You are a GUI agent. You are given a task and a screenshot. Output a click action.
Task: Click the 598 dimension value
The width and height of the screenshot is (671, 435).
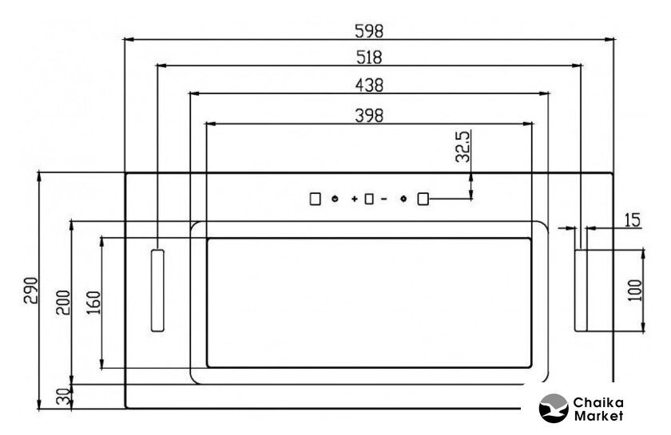[369, 31]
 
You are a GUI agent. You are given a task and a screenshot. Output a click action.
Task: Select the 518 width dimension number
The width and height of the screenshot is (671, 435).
[369, 57]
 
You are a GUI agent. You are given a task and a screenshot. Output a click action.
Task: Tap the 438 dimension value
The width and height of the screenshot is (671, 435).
[369, 85]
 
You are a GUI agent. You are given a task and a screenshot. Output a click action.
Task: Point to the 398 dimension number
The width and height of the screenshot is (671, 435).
[369, 116]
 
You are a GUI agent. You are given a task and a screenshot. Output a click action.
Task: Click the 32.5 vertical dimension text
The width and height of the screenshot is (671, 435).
[463, 146]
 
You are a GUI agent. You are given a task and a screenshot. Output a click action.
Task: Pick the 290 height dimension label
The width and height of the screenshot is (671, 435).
[31, 291]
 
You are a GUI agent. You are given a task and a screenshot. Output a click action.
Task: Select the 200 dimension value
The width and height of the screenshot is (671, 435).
[63, 303]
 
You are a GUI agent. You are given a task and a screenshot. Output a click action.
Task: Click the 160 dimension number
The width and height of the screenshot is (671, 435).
[93, 303]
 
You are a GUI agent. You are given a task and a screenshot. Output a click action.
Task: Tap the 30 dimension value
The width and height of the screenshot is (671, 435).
[63, 397]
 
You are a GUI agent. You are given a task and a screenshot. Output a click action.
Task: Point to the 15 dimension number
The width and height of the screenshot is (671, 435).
[633, 220]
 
